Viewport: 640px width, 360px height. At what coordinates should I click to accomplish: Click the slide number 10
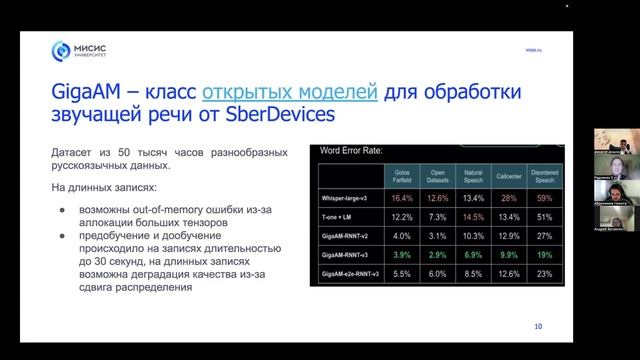point(538,326)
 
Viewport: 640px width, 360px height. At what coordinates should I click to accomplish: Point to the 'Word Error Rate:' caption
point(351,152)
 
